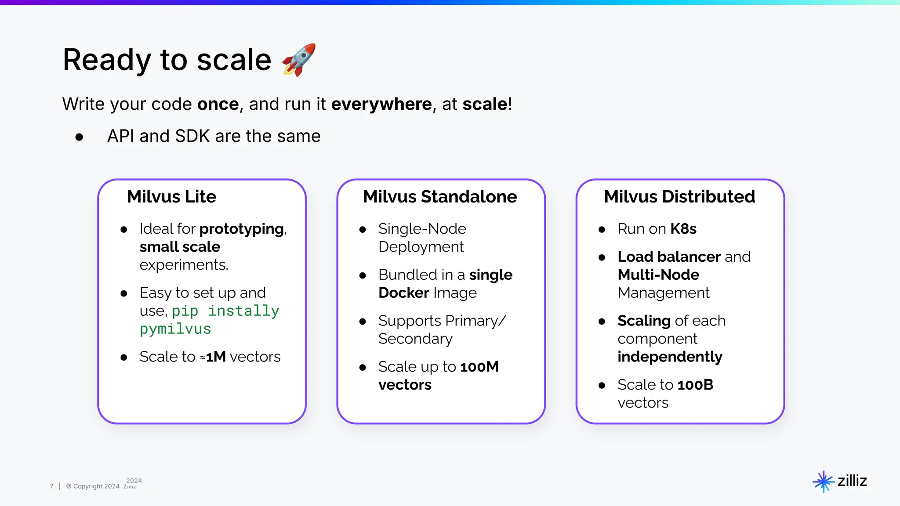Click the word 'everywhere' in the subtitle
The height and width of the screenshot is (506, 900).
point(381,104)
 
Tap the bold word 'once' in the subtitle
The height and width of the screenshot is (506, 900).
point(218,104)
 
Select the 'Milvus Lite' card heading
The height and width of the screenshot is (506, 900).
point(171,196)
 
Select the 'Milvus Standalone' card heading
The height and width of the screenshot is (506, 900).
point(440,196)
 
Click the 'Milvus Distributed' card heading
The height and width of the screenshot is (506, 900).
point(679,196)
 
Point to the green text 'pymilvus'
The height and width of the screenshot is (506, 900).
point(175,329)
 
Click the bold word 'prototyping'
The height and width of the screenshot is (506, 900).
point(242,229)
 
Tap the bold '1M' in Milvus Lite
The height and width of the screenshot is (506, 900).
point(216,357)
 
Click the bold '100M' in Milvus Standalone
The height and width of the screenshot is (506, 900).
point(479,367)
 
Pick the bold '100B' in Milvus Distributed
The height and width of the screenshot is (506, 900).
point(695,385)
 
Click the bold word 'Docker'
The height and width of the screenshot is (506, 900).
point(403,293)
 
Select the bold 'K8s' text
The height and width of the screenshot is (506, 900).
point(683,229)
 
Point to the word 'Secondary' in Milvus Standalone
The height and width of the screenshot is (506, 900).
point(415,339)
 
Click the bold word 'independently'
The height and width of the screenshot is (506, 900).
point(670,357)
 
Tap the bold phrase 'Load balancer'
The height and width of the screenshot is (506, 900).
point(669,257)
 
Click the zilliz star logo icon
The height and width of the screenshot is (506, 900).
point(823,482)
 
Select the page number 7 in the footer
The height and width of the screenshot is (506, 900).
point(51,486)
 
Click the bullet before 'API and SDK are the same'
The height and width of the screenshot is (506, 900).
point(79,137)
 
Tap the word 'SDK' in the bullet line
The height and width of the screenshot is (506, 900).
point(192,136)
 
